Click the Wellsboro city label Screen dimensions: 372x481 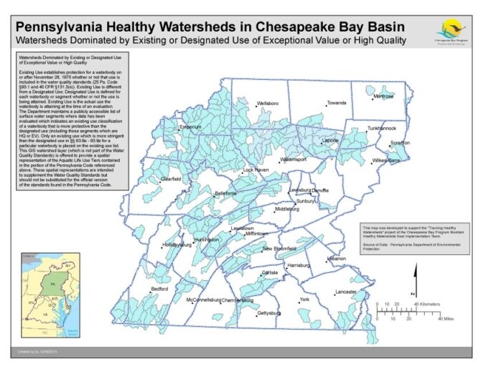pyautogui.click(x=267, y=103)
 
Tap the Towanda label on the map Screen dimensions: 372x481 pyautogui.click(x=336, y=103)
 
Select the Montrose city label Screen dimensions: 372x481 pyautogui.click(x=383, y=96)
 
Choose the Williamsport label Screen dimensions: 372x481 pyautogui.click(x=293, y=159)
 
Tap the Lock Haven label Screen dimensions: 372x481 pyautogui.click(x=256, y=170)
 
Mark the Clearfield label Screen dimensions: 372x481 pyautogui.click(x=171, y=178)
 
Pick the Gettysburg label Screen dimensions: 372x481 pyautogui.click(x=269, y=314)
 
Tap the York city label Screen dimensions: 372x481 pyautogui.click(x=304, y=299)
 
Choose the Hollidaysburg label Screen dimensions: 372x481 pyautogui.click(x=177, y=244)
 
